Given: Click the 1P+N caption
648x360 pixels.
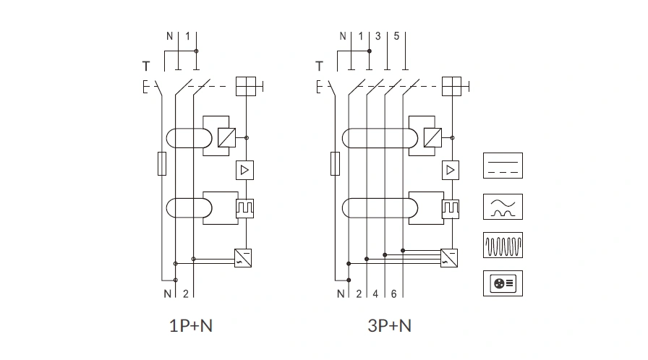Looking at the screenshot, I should click(x=191, y=326).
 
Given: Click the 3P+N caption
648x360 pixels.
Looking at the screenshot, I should click(x=389, y=326).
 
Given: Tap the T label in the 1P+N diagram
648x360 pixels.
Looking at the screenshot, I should click(x=146, y=67).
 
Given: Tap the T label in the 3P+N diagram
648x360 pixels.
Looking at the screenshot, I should click(x=319, y=67).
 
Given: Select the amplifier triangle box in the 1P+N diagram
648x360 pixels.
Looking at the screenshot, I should click(x=246, y=170).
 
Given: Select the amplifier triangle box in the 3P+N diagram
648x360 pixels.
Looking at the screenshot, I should click(x=451, y=170).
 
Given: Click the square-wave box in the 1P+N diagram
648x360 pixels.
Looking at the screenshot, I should click(x=246, y=207).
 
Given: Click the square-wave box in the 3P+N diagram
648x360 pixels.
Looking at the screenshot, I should click(x=451, y=207).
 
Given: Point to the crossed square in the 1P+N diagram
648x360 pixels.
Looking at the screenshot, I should click(x=247, y=87).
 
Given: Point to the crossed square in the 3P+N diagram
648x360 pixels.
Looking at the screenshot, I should click(x=452, y=87).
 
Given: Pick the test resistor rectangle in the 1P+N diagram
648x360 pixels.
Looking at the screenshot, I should click(x=162, y=164).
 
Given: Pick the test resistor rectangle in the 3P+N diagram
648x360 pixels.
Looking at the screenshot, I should click(x=335, y=164).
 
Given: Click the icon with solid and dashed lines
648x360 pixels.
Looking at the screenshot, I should click(x=503, y=166).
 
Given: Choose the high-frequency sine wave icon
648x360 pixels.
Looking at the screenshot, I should click(x=503, y=245).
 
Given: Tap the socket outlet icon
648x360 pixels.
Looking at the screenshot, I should click(x=503, y=283).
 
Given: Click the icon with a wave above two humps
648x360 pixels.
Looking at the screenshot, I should click(x=503, y=206).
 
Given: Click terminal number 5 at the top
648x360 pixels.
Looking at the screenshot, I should click(x=396, y=36).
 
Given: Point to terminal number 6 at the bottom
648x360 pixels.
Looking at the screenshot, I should click(x=393, y=293).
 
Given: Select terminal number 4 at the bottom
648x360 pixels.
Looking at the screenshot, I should click(x=375, y=293).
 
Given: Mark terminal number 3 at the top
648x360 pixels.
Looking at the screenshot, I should click(x=378, y=36).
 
